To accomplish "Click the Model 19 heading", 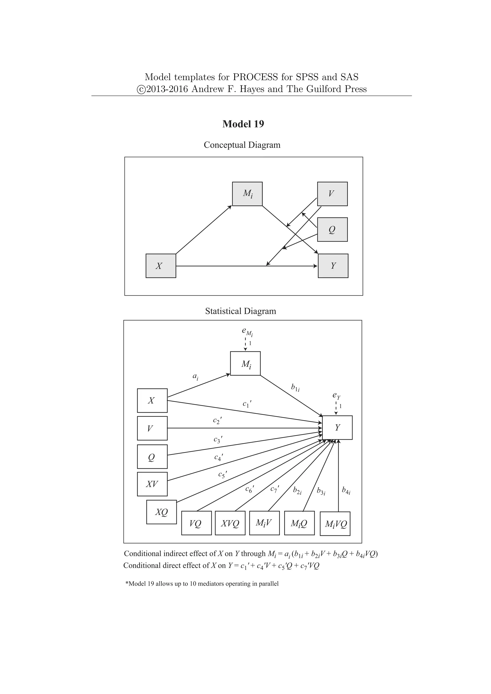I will pos(243,124).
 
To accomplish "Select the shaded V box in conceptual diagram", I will pos(332,194).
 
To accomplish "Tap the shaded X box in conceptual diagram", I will pos(161,266).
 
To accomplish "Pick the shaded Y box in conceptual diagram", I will pos(333,266).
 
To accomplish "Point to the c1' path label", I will pos(247,404).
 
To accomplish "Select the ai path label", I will pos(196,377).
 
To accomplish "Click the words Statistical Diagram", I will pos(240,311).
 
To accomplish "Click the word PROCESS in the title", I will pos(255,77).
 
